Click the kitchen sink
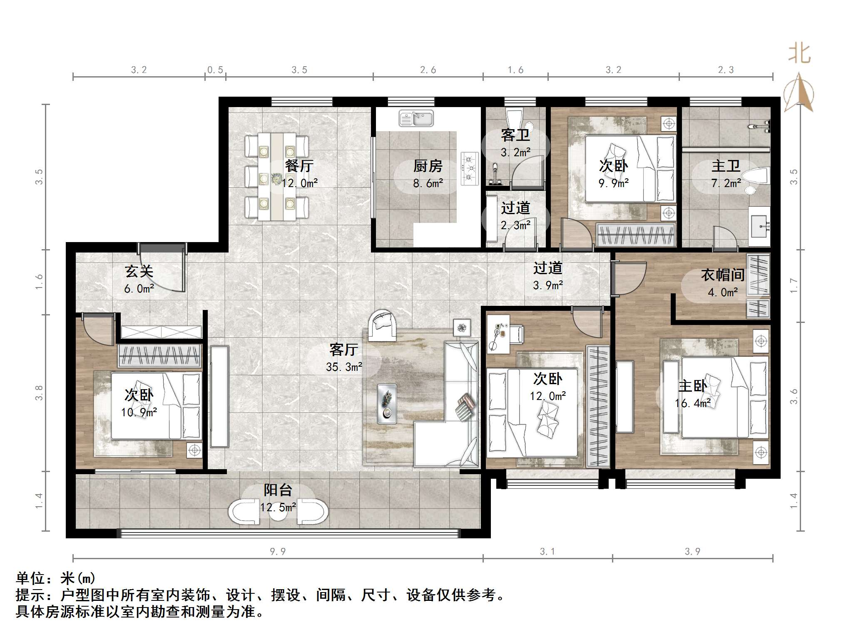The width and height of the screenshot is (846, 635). click(x=416, y=118)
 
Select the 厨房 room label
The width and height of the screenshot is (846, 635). click(x=428, y=166)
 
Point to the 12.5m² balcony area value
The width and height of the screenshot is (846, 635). click(x=278, y=507)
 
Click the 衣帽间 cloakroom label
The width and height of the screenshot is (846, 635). click(x=723, y=275)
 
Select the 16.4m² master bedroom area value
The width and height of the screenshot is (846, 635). click(x=693, y=403)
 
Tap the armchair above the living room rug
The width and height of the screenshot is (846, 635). click(x=383, y=323)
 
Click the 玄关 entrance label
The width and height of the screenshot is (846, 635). click(x=139, y=272)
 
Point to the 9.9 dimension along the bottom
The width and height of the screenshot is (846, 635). click(x=278, y=552)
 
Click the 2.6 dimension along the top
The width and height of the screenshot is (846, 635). click(x=428, y=70)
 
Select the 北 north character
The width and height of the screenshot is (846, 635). click(x=799, y=54)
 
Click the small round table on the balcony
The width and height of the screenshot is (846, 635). click(x=278, y=512)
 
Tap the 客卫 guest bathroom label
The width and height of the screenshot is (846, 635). click(x=515, y=135)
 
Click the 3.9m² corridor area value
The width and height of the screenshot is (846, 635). click(x=548, y=285)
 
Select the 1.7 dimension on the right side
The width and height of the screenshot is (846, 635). click(x=794, y=285)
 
